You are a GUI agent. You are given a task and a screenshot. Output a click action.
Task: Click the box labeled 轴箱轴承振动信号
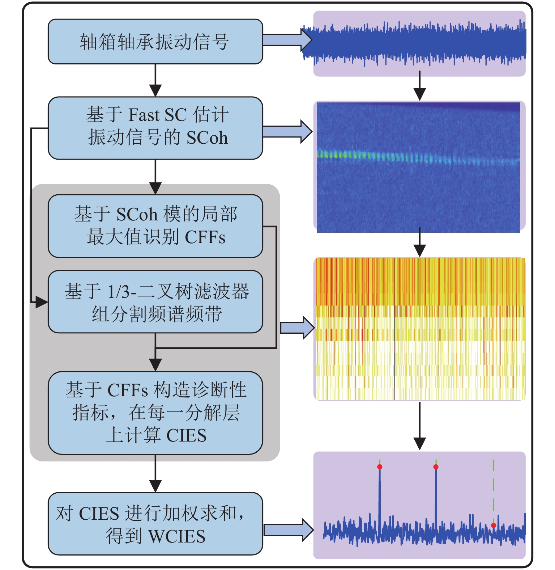[155, 42]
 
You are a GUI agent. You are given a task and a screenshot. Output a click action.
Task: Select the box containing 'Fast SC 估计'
[155, 128]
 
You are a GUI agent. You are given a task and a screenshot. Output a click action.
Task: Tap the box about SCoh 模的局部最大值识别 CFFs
[155, 226]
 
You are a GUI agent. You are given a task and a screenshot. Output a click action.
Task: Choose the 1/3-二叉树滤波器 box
[155, 301]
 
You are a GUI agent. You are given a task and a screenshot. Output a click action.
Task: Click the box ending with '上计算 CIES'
[155, 413]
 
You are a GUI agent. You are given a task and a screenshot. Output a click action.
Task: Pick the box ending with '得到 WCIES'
[155, 523]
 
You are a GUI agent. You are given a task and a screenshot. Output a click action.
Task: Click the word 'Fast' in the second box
[144, 115]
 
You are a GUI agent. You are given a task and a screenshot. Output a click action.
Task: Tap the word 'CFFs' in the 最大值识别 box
[205, 238]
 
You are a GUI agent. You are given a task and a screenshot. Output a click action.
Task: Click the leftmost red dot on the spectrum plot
[380, 467]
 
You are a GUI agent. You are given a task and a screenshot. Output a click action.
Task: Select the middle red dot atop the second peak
[436, 467]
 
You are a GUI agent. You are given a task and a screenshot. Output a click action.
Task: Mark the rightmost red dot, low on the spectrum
[494, 525]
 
